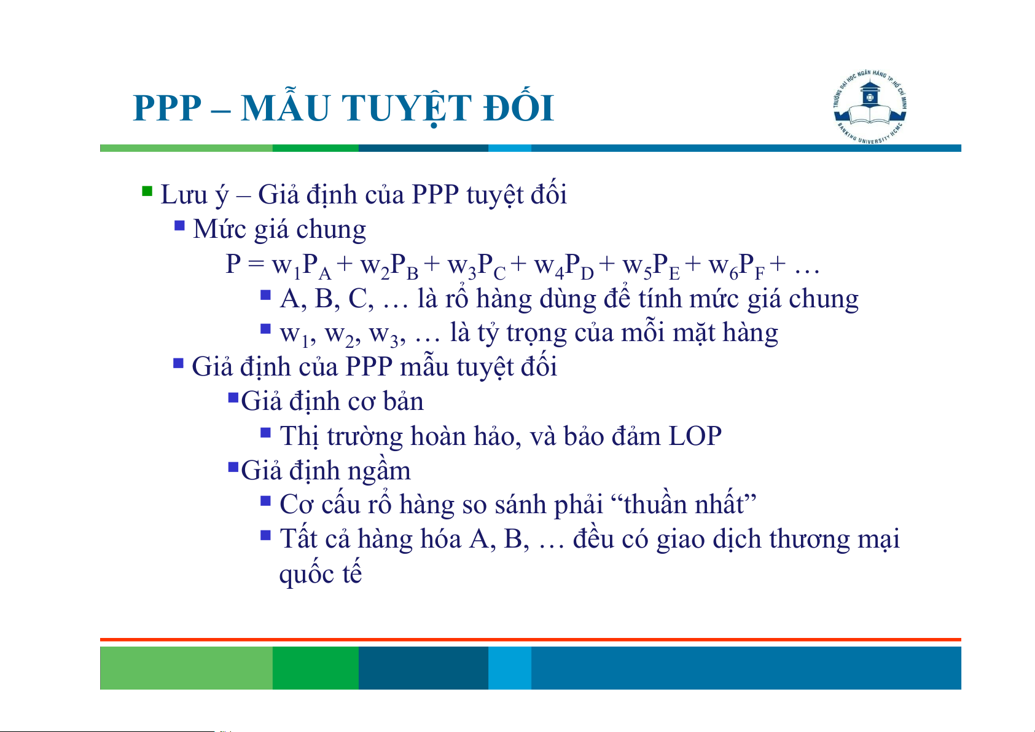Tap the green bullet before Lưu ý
[x=147, y=191]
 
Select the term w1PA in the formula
[x=301, y=267]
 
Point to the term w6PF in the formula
[x=736, y=267]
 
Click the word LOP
[x=695, y=436]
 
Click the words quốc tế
[x=320, y=574]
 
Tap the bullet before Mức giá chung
[x=179, y=226]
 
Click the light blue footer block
[x=510, y=667]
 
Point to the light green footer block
[x=186, y=667]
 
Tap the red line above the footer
[x=531, y=640]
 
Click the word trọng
[x=536, y=334]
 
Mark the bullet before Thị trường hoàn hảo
[x=265, y=432]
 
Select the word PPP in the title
[x=167, y=109]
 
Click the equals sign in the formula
[x=256, y=264]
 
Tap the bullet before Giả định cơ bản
[x=233, y=398]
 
